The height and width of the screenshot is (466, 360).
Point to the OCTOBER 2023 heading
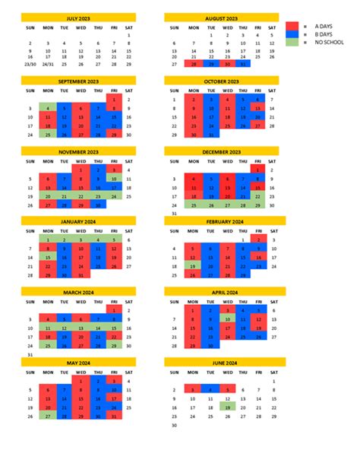coord(221,81)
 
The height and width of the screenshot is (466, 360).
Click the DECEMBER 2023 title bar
coord(221,151)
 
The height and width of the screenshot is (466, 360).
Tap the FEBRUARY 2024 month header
coord(221,221)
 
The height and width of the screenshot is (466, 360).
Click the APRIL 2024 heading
coord(221,292)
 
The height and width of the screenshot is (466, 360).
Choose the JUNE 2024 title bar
coord(221,363)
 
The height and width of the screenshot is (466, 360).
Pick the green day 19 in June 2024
coord(226,407)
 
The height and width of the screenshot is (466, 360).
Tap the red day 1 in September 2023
coord(114,99)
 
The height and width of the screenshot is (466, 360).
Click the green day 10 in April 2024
coord(226,319)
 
